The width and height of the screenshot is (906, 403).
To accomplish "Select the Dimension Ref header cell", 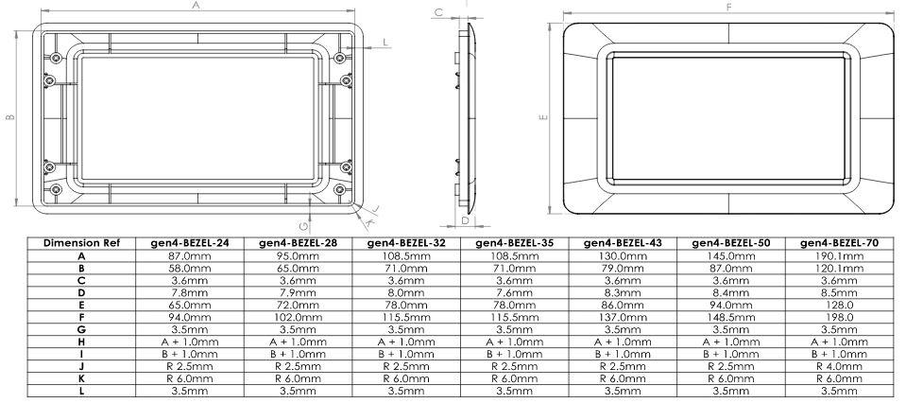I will click(x=80, y=242).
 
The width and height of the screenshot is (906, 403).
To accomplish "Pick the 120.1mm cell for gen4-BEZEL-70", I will click(x=837, y=268).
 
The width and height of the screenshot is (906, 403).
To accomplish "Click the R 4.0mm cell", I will click(x=837, y=364).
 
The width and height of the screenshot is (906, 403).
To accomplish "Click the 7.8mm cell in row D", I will click(x=190, y=291).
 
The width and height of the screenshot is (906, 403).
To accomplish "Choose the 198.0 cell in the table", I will click(x=837, y=316).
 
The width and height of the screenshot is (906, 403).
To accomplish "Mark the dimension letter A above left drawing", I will click(x=196, y=6).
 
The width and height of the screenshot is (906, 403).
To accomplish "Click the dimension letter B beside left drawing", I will click(x=9, y=117).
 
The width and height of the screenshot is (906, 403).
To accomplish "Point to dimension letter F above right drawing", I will click(x=728, y=7).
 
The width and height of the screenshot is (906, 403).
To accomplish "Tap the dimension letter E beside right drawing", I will click(x=542, y=118).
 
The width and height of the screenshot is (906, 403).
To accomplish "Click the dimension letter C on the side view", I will click(x=438, y=12).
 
